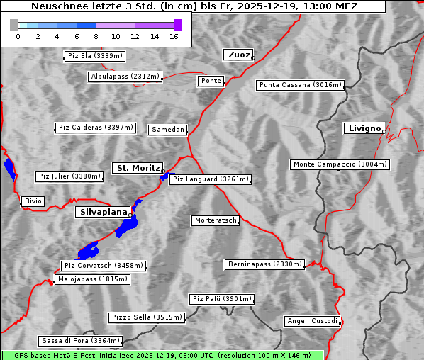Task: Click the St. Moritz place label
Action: coord(138,168)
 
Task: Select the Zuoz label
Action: coord(237,55)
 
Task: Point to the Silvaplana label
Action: coord(103,212)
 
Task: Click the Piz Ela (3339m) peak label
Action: coord(94,56)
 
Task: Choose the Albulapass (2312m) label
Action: coord(125,77)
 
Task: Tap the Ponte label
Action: coord(211,81)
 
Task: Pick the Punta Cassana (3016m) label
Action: coord(300,85)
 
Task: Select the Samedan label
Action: coord(167,130)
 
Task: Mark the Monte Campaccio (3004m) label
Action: coord(340,164)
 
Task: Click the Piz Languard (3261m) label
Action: coord(211,179)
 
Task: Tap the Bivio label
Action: coord(33,201)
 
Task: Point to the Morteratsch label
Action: coord(215,220)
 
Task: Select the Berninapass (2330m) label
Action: coord(264,264)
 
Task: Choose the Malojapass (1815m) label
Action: coord(92,279)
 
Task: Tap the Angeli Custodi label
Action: coord(313,321)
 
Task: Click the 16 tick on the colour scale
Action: coord(174,36)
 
